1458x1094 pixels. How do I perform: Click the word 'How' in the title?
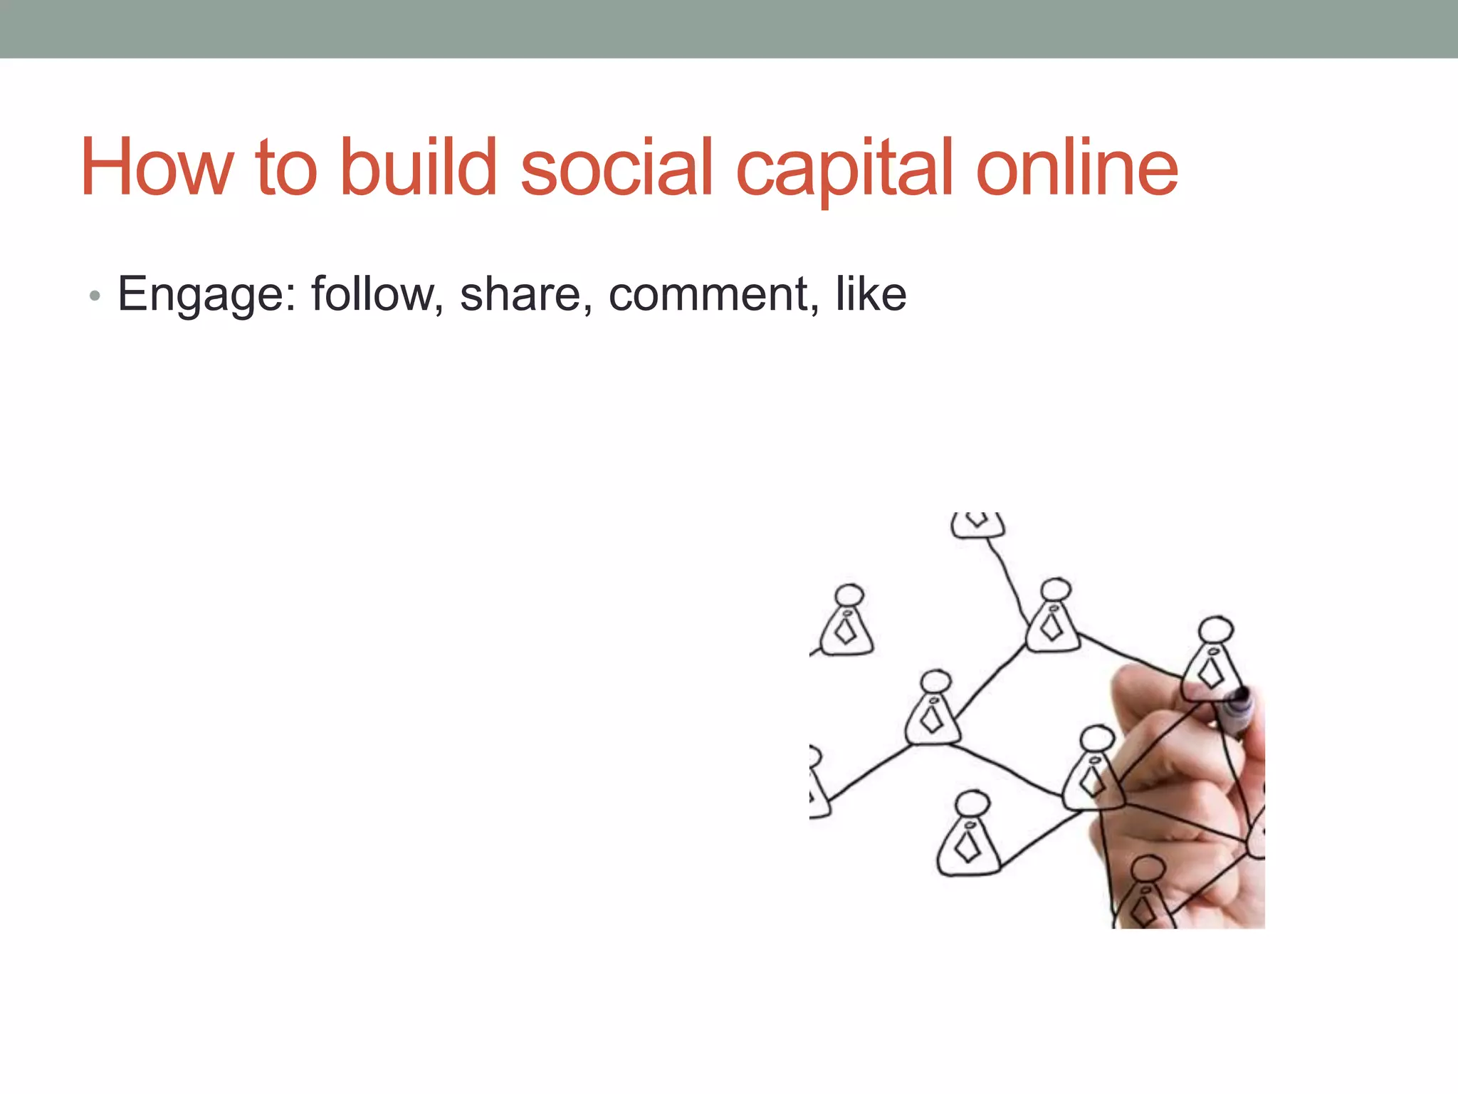pyautogui.click(x=157, y=167)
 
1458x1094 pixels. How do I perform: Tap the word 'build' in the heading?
pyautogui.click(x=419, y=167)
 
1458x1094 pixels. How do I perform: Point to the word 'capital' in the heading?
pyautogui.click(x=844, y=171)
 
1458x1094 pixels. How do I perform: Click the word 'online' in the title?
pyautogui.click(x=1076, y=167)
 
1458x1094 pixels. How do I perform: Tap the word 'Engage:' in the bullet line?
pyautogui.click(x=207, y=295)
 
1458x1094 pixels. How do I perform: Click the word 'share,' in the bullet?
pyautogui.click(x=526, y=295)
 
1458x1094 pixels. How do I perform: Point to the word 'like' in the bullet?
pyautogui.click(x=871, y=293)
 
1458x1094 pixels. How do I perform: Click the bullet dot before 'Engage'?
pyautogui.click(x=95, y=296)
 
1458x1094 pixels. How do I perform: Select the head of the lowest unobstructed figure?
pyautogui.click(x=971, y=803)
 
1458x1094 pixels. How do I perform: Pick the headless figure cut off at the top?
pyautogui.click(x=977, y=524)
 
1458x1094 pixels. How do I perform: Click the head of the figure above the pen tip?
pyautogui.click(x=1216, y=630)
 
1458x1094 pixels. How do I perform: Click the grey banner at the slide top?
pyautogui.click(x=729, y=28)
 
